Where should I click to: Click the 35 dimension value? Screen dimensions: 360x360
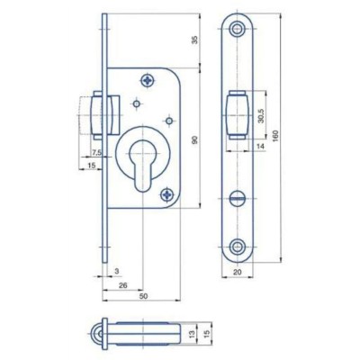tap(194, 40)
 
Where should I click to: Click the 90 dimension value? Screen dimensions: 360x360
tap(195, 139)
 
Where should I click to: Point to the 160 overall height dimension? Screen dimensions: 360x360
tap(276, 137)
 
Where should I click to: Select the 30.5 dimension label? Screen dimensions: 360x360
tap(261, 116)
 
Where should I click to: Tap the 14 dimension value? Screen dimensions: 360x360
tap(260, 146)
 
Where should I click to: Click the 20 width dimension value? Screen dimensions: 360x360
tap(238, 272)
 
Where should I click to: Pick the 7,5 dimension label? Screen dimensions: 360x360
tap(96, 153)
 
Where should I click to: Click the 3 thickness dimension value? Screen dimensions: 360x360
tap(117, 271)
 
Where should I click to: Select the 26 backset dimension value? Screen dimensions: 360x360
tap(123, 285)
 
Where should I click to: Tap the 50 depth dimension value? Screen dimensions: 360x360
tap(144, 296)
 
